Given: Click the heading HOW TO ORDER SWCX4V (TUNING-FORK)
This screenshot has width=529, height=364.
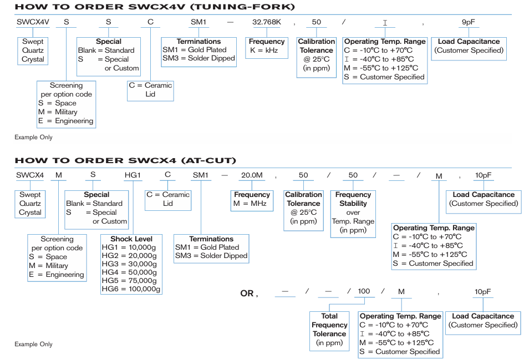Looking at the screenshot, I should coord(155,7).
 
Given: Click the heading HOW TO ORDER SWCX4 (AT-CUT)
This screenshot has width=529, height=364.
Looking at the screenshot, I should coord(125,161).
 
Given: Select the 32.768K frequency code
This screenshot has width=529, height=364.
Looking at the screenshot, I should coord(267,22).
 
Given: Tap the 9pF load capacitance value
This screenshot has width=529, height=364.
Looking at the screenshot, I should coord(469,22).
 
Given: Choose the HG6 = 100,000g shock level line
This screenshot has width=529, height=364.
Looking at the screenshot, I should coord(131,289).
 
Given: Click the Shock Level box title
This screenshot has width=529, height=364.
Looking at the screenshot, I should coord(131,239).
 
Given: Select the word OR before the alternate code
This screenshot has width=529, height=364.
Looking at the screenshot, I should coord(247,293).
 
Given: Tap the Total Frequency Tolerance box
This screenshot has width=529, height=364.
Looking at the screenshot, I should coord(329,330).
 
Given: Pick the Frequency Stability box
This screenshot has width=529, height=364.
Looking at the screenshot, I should coord(353,213).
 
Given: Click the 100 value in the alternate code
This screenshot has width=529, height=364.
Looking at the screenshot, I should coord(364,291).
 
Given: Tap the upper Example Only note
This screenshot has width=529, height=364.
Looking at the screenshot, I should coord(33,137).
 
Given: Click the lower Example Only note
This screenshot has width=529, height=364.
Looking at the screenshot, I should coord(33,345).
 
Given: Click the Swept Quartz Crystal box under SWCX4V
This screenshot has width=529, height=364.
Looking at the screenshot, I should coord(33,50).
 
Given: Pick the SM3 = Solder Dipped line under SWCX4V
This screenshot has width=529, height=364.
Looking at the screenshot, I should coord(199,58).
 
